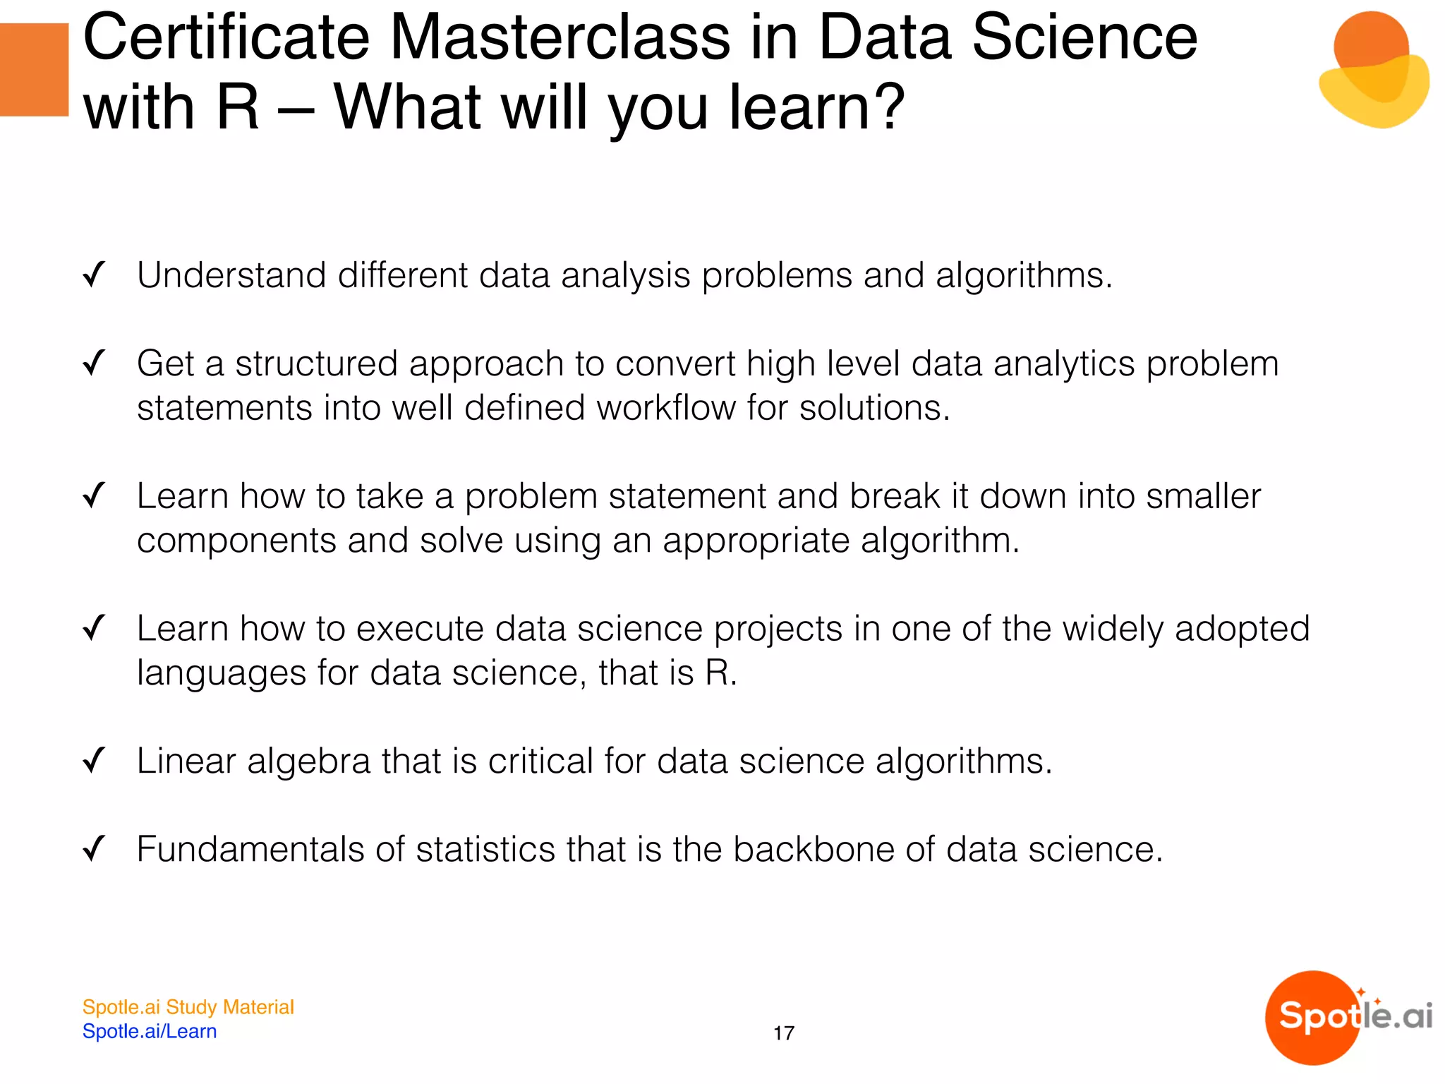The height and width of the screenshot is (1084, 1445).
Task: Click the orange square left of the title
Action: pyautogui.click(x=34, y=69)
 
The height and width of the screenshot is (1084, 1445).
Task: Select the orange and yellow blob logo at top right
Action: pyautogui.click(x=1373, y=70)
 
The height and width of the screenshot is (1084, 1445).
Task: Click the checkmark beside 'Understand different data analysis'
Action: pyautogui.click(x=94, y=275)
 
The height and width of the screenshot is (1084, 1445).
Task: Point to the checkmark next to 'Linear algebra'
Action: pyautogui.click(x=94, y=761)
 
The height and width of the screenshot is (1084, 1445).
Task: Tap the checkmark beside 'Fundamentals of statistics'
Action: pyautogui.click(x=94, y=849)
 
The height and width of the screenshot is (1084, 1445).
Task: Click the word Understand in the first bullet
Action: pyautogui.click(x=231, y=275)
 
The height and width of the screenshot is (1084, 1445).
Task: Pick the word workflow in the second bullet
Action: pyautogui.click(x=665, y=408)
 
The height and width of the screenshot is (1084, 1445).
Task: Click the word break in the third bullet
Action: pyautogui.click(x=895, y=496)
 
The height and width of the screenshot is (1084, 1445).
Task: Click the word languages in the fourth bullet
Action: pyautogui.click(x=221, y=673)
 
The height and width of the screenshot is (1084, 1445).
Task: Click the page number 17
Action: pyautogui.click(x=783, y=1034)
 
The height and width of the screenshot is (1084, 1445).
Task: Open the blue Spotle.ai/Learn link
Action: pyautogui.click(x=150, y=1032)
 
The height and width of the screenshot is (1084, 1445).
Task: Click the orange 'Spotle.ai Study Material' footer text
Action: pyautogui.click(x=188, y=1007)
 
